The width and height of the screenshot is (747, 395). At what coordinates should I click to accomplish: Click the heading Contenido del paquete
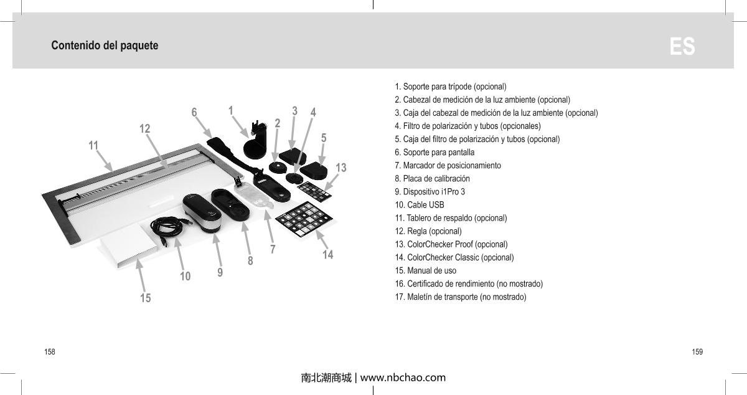(105, 45)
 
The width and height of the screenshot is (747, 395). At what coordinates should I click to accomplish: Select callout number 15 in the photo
(145, 298)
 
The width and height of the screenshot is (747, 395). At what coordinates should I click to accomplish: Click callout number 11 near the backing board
(93, 145)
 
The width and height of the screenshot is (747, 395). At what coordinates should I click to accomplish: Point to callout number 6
(194, 112)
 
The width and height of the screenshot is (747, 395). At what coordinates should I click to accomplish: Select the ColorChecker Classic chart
(304, 219)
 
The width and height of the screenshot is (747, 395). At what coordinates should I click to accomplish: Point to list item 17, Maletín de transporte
(461, 297)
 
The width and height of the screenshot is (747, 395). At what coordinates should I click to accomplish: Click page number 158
(49, 352)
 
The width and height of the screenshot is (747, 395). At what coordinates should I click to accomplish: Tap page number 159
(697, 352)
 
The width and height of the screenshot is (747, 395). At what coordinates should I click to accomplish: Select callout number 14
(327, 255)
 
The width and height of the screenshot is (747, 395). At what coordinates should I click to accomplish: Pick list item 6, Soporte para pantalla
(435, 152)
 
